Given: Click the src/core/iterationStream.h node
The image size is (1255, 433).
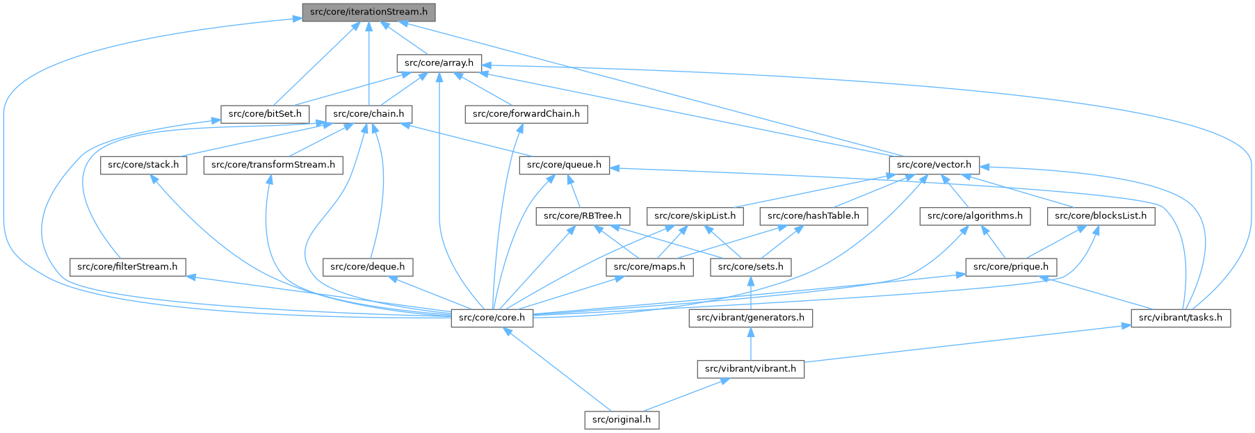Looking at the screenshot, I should [x=369, y=12].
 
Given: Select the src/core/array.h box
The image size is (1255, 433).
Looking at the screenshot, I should [x=439, y=63].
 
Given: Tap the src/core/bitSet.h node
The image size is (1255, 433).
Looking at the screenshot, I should [x=265, y=113].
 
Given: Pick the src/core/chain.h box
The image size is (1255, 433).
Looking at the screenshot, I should [x=369, y=113].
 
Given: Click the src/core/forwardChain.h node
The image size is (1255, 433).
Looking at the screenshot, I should [x=526, y=113].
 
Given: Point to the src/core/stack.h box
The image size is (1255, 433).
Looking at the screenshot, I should [x=143, y=165].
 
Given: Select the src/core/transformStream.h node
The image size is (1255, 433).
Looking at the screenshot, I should [x=273, y=165].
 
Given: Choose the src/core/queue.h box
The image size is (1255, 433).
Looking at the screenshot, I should [x=565, y=165].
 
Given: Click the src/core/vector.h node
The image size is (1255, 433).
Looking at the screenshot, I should [x=934, y=165].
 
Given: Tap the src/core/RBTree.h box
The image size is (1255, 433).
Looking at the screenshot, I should [x=583, y=215].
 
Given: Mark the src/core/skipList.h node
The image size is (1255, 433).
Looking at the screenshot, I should [x=695, y=215].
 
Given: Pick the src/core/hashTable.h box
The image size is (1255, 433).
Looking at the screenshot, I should [x=813, y=215].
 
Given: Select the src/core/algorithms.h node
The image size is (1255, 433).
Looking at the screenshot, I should [x=975, y=215].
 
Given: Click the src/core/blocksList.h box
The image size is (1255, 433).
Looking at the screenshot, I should [x=1101, y=215].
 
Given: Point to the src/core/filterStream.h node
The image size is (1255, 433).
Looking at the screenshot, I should [x=127, y=266].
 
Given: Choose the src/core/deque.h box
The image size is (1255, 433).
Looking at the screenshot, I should [x=368, y=266].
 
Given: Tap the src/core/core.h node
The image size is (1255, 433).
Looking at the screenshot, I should [x=492, y=318].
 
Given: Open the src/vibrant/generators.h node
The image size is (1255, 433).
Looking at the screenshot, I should [x=750, y=318].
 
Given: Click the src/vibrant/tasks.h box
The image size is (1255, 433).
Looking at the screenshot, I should [x=1181, y=318].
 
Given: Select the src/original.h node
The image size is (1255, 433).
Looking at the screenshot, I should [x=622, y=419].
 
